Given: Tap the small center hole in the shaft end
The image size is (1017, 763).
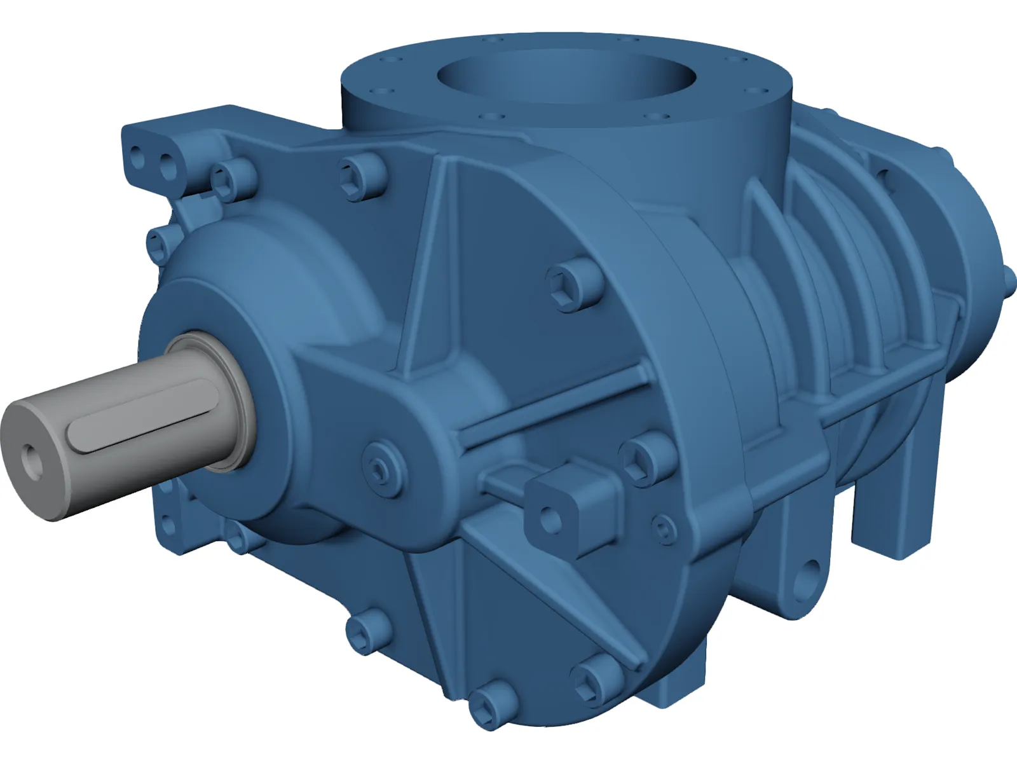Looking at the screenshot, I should click(30, 458).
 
